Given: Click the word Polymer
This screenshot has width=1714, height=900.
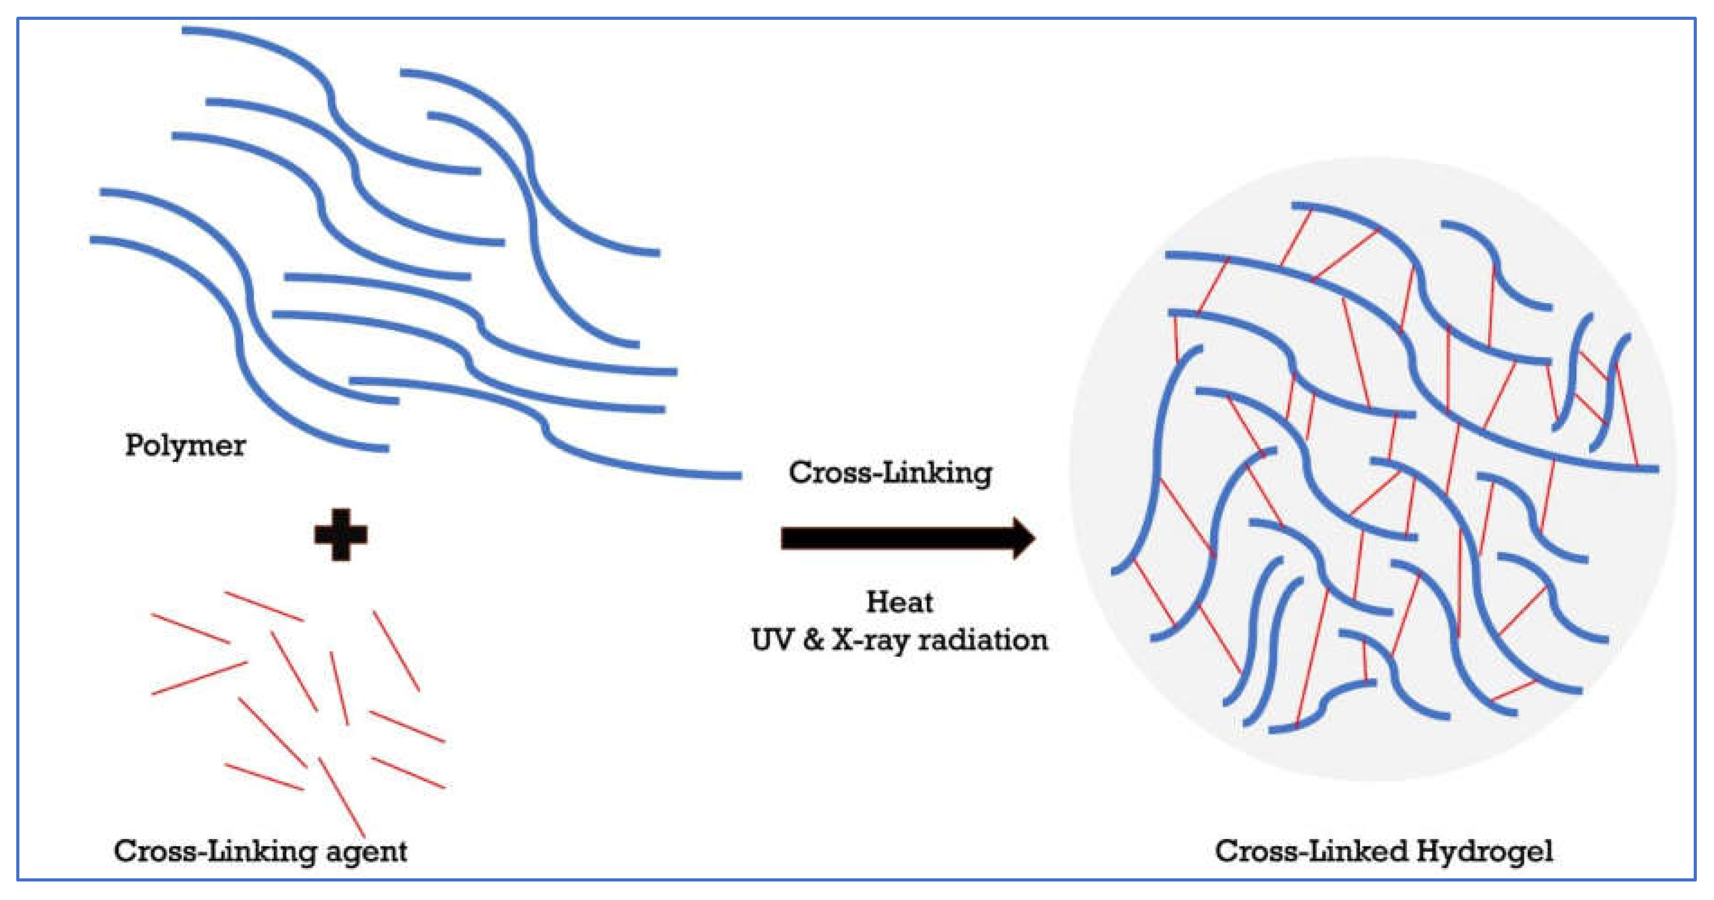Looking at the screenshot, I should (x=185, y=445).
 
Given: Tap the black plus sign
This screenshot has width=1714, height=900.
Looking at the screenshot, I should (x=341, y=535).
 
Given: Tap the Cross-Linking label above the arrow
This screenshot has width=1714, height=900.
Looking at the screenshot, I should (x=890, y=473).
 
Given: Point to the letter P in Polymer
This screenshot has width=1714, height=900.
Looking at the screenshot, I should (x=133, y=444).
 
